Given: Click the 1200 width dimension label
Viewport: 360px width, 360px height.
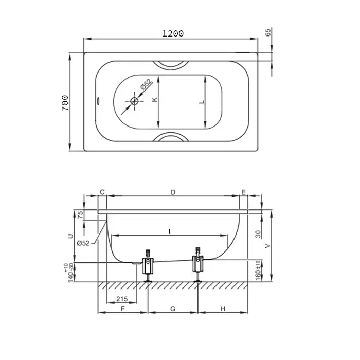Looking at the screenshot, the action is click(x=173, y=34).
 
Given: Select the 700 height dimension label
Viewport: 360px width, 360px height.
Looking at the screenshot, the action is click(x=65, y=103).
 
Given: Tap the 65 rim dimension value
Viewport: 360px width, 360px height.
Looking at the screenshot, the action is click(x=268, y=32).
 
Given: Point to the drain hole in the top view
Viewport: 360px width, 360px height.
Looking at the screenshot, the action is click(x=134, y=101).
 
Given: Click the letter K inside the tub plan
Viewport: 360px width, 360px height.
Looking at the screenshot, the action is click(x=155, y=99).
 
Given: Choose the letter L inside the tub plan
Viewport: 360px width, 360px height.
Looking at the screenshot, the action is click(x=202, y=102).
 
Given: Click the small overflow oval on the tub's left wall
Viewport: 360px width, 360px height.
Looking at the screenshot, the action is click(x=98, y=101).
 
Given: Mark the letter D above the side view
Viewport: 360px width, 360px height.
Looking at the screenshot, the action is click(x=173, y=192).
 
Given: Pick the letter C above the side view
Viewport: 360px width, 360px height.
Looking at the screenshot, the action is click(x=102, y=192).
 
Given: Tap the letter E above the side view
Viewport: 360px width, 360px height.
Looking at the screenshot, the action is click(x=244, y=192).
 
